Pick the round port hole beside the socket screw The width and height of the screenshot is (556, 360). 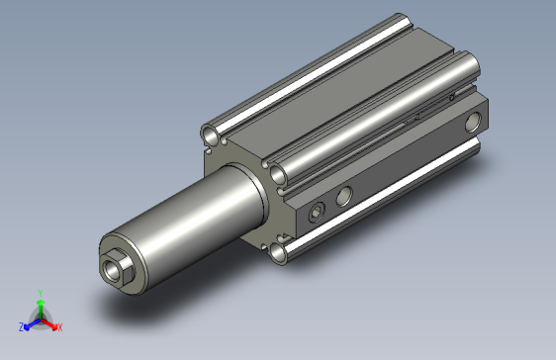344,196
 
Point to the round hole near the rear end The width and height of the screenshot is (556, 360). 472,123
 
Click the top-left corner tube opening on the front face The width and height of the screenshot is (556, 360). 211,134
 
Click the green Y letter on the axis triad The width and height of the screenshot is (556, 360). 40,293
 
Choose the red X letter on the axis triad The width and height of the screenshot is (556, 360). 59,326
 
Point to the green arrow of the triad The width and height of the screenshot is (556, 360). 40,306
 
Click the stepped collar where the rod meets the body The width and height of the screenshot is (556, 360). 242,194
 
